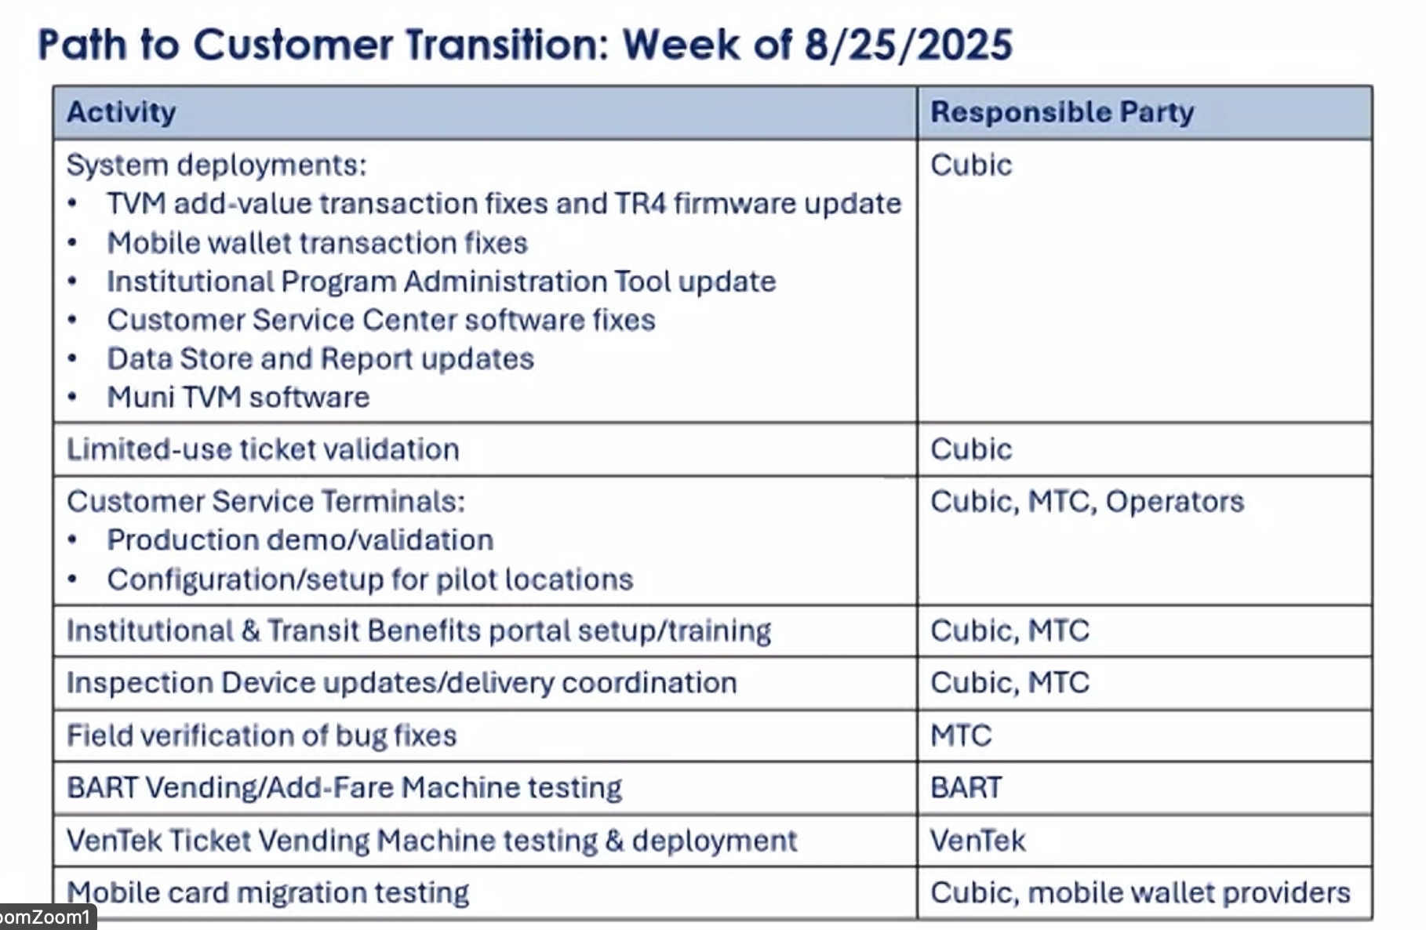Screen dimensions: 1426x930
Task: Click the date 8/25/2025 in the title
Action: pos(908,44)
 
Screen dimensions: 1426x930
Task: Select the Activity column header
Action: pos(122,112)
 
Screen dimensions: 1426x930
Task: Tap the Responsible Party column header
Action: pos(1062,112)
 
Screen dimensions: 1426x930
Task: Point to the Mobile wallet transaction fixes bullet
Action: pos(317,243)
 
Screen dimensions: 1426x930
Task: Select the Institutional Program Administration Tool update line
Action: pos(442,282)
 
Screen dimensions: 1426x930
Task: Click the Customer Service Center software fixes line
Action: pos(381,320)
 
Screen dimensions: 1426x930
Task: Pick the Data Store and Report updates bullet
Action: pos(320,359)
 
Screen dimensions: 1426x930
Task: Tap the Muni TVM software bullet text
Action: pos(238,398)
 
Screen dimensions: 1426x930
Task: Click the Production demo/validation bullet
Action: pos(300,540)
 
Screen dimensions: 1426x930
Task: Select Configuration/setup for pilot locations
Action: pos(370,579)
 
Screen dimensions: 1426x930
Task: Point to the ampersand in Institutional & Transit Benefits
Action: pos(251,631)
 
